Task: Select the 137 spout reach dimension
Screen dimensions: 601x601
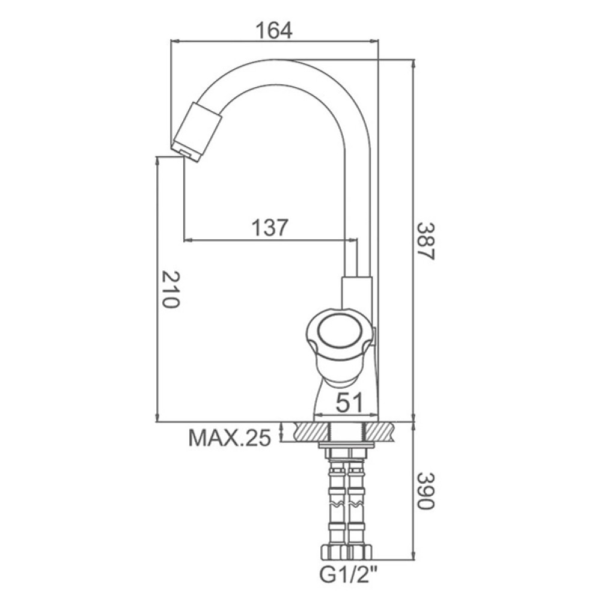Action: [269, 228]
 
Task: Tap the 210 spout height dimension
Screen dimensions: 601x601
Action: [170, 290]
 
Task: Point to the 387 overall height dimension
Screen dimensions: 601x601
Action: [426, 241]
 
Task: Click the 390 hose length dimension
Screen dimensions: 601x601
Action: [426, 490]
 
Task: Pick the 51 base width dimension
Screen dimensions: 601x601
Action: [349, 403]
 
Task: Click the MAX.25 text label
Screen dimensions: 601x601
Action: [230, 438]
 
